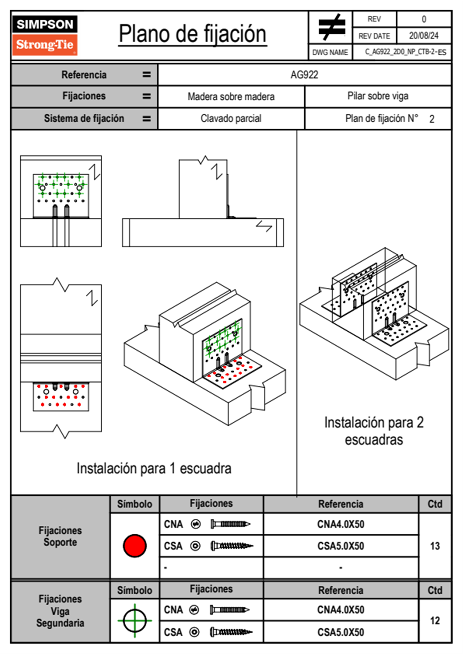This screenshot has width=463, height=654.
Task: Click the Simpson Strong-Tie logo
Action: pyautogui.click(x=45, y=35)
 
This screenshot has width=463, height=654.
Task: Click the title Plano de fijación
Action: pyautogui.click(x=193, y=34)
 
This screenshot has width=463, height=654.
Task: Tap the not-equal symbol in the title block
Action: pyautogui.click(x=331, y=27)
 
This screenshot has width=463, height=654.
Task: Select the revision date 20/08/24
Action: pyautogui.click(x=424, y=36)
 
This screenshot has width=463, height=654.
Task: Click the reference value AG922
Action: pyautogui.click(x=304, y=75)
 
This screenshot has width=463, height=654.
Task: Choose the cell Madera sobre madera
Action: pyautogui.click(x=231, y=96)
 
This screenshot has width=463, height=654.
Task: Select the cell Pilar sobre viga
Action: pyautogui.click(x=378, y=96)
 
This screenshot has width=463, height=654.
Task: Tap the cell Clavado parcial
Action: pyautogui.click(x=231, y=118)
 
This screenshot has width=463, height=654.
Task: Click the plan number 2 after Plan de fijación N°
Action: pyautogui.click(x=432, y=119)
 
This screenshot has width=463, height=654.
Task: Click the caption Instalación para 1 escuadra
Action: pyautogui.click(x=154, y=469)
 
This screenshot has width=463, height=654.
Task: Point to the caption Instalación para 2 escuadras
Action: pyautogui.click(x=374, y=431)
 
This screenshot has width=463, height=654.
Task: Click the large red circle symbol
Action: pyautogui.click(x=135, y=546)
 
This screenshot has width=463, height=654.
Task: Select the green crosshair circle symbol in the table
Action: pyautogui.click(x=135, y=621)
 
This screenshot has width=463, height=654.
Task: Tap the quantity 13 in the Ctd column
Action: pyautogui.click(x=435, y=546)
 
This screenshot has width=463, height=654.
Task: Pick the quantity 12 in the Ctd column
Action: pyautogui.click(x=435, y=621)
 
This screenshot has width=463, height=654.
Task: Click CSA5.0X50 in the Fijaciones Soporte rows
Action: pyautogui.click(x=341, y=546)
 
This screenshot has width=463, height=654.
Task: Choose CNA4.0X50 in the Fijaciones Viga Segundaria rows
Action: pyautogui.click(x=341, y=610)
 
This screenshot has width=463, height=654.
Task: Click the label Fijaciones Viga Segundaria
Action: pyautogui.click(x=60, y=611)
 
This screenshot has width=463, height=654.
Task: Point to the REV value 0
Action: pyautogui.click(x=424, y=19)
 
